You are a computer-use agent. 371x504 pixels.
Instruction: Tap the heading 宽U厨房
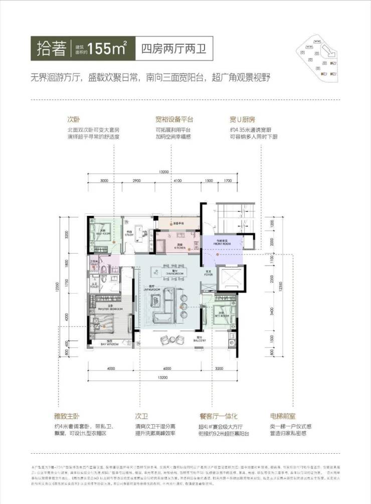click(x=243, y=120)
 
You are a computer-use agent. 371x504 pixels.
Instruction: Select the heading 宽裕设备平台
click(x=174, y=120)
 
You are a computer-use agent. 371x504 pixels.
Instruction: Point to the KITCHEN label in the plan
click(x=179, y=246)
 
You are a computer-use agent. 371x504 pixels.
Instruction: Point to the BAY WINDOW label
click(x=109, y=344)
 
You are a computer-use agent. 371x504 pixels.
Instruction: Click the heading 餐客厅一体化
click(x=218, y=416)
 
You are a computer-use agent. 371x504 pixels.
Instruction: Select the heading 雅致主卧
click(x=67, y=416)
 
